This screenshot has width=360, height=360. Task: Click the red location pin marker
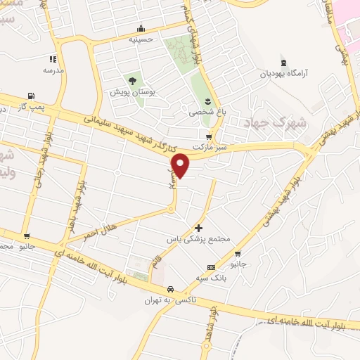tap(181, 165)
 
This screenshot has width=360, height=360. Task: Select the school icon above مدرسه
tap(53, 59)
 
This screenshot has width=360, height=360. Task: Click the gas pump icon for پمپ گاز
tap(30, 96)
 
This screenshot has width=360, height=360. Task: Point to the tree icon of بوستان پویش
tap(131, 82)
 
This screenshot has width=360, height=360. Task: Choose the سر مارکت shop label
tap(208, 149)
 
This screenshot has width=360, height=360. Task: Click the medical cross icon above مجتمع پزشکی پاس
tap(199, 228)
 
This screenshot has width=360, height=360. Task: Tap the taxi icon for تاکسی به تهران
tap(169, 289)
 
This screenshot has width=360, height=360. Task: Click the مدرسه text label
tap(53, 70)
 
